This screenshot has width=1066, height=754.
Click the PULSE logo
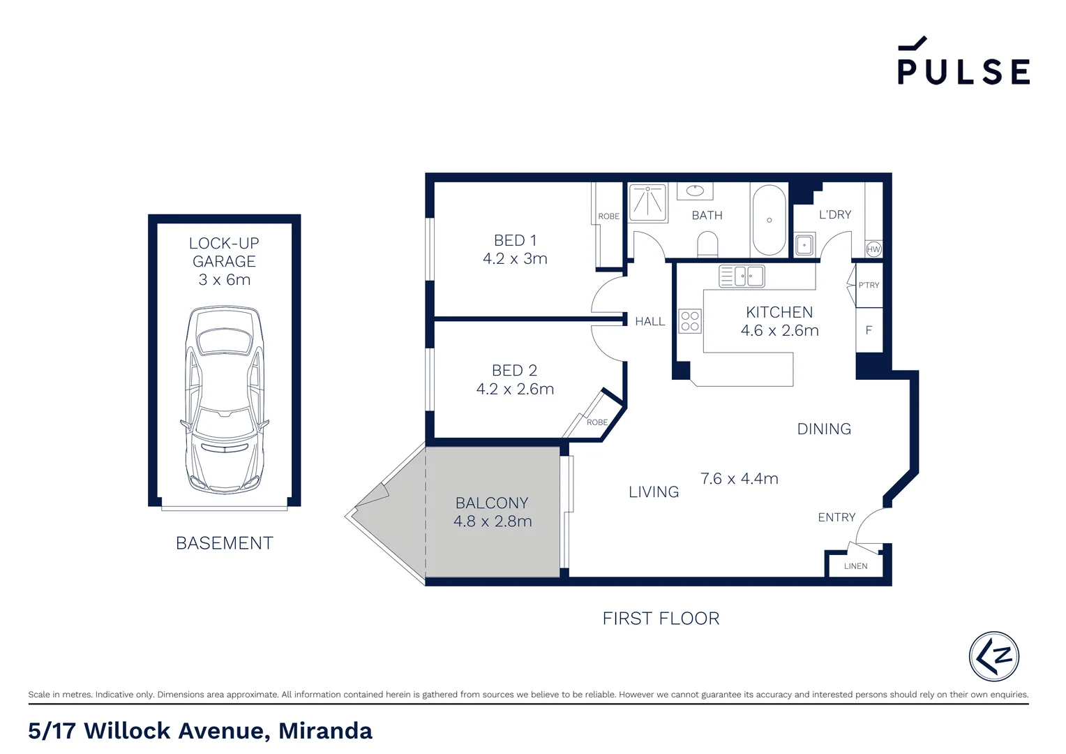point(963,63)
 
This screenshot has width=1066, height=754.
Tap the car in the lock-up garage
point(225,399)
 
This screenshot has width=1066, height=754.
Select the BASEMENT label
point(224,543)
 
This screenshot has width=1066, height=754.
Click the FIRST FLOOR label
point(661,619)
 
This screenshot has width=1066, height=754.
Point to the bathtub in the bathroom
point(769,220)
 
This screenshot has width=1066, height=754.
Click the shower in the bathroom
point(648,201)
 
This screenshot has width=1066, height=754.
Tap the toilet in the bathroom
point(707,245)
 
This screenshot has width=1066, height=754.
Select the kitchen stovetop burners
point(690,321)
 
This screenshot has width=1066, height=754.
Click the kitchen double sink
point(742,276)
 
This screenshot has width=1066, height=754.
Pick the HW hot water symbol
point(873,249)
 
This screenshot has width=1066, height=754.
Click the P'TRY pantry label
point(869,285)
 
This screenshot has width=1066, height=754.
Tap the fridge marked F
point(869,330)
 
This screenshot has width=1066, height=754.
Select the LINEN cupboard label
point(855,566)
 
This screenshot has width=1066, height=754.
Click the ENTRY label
point(836,517)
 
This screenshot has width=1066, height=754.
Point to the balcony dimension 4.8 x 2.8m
point(493,522)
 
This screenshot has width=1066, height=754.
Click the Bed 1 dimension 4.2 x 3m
point(515,259)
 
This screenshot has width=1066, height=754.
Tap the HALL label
point(650,322)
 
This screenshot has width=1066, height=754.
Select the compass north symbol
point(994,656)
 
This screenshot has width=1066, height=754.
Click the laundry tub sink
point(804,245)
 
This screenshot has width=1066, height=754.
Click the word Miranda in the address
point(325,731)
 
